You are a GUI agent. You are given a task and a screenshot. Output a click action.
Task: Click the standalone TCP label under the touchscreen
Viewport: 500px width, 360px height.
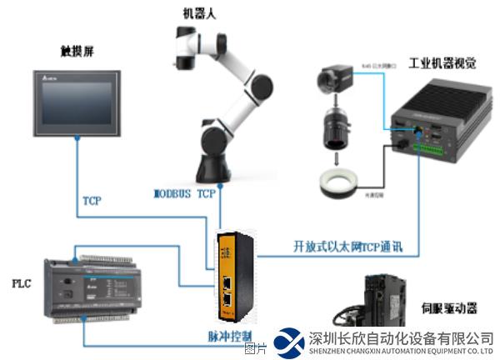(92, 201)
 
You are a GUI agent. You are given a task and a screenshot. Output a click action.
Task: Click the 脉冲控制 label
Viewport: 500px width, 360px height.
(227, 337)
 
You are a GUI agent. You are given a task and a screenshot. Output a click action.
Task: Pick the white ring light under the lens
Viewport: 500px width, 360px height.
(337, 181)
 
